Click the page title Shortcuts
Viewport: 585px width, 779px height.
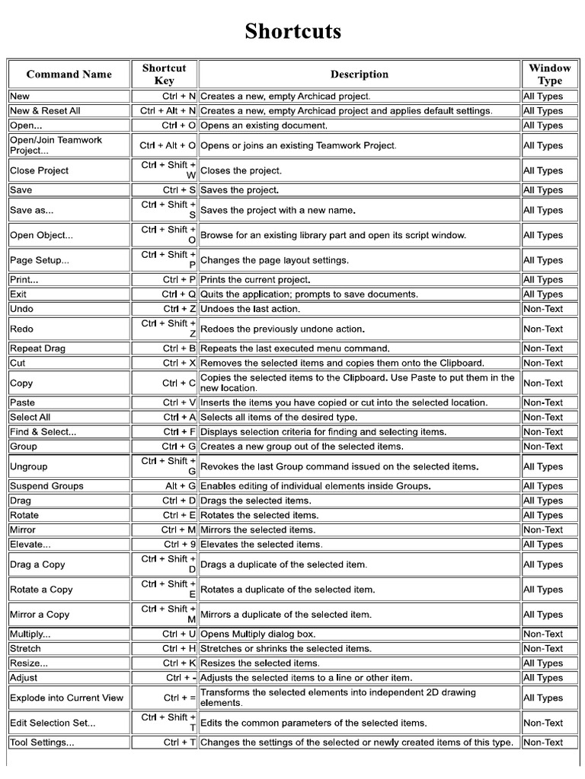[x=292, y=31]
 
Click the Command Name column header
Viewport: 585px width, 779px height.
[x=69, y=75]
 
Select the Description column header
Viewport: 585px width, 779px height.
[x=359, y=75]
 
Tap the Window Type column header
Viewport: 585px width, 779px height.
[x=549, y=75]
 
